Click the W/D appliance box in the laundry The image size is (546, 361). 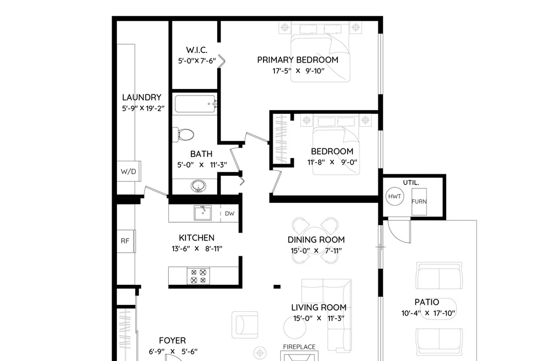coord(128,171)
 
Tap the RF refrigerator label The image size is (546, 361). coord(125,241)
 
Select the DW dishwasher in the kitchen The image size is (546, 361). coord(230,213)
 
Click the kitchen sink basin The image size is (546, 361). coord(203,213)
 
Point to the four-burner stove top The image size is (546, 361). coord(198,276)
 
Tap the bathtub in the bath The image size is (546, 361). coord(195,104)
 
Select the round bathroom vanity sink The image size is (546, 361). coord(198,186)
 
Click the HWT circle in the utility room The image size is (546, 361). coord(395,196)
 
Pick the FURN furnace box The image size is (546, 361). coord(419,202)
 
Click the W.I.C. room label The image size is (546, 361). coord(197,50)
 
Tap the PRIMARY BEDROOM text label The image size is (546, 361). coord(298,60)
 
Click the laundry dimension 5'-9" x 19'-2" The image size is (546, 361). coord(143,108)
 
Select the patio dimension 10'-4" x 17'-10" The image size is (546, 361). coord(428,314)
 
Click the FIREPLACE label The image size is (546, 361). coord(299,347)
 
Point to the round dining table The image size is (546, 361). coord(315,240)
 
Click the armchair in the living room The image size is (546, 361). coord(245,325)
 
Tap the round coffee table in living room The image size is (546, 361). coord(295,327)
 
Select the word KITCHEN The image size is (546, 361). coord(197,238)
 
